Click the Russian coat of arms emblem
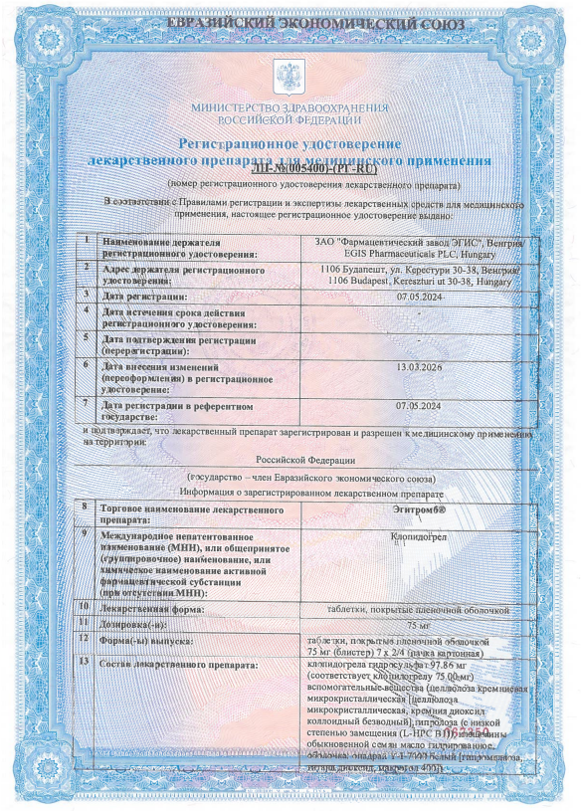[290, 75]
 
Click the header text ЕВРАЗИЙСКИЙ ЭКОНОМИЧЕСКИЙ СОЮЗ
[290, 21]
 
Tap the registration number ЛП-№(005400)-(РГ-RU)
[290, 171]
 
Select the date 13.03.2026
[417, 367]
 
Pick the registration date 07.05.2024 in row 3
[418, 297]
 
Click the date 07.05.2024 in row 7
[418, 406]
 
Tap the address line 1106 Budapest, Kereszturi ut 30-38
[418, 282]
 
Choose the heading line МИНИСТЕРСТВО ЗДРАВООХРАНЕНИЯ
[290, 106]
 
